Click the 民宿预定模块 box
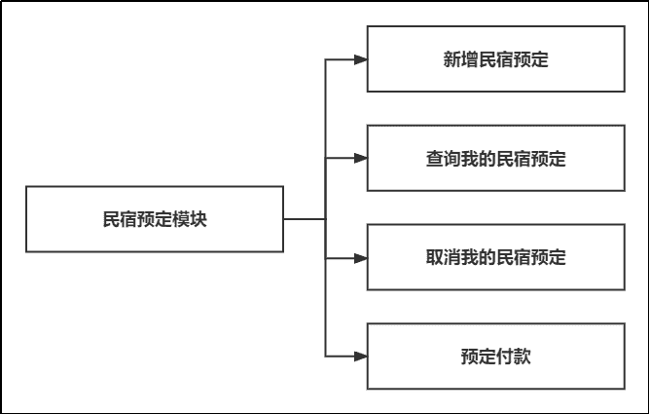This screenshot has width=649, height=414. click(155, 219)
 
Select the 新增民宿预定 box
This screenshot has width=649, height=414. click(495, 59)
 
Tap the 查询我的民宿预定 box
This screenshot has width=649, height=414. click(495, 159)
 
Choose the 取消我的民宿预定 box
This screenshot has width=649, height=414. click(495, 258)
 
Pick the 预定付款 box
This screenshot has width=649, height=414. click(495, 357)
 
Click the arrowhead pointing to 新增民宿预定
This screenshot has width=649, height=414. click(360, 59)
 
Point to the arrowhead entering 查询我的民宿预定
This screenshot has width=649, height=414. click(360, 159)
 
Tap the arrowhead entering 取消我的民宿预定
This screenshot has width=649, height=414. click(360, 258)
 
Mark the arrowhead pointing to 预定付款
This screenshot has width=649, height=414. click(360, 357)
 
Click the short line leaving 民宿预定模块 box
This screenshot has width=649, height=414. click(304, 219)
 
